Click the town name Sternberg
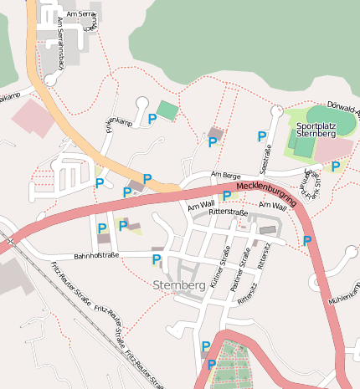point(180,285)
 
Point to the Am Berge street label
point(225,175)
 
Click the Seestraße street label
point(268,159)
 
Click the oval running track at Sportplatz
point(331,119)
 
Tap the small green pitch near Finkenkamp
point(167,110)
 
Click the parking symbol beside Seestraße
point(262,136)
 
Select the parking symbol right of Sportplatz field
point(336,166)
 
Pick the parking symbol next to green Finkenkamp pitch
point(152,120)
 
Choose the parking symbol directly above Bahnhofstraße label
point(102,228)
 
